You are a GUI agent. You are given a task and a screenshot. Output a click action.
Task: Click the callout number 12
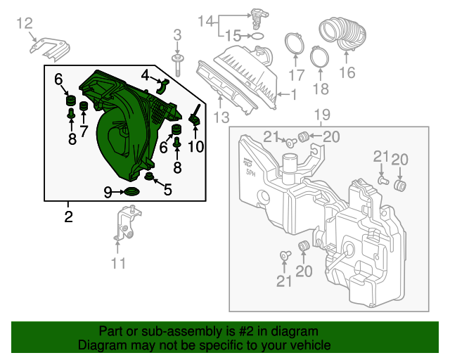[25, 23]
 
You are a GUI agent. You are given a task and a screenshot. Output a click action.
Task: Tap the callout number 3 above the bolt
[177, 34]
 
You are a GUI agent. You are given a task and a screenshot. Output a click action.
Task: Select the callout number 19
[322, 115]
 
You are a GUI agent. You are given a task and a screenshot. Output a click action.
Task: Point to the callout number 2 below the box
[68, 217]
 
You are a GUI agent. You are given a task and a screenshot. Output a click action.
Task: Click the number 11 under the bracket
[118, 263]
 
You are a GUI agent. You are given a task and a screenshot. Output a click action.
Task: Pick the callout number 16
[347, 72]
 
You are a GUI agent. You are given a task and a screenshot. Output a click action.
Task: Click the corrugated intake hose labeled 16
[343, 33]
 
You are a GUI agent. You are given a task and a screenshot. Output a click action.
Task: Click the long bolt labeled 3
[177, 65]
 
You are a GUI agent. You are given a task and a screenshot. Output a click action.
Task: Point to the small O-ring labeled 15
[258, 36]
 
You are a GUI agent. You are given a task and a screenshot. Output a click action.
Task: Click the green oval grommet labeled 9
[132, 191]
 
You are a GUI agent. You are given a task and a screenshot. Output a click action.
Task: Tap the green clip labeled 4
[162, 86]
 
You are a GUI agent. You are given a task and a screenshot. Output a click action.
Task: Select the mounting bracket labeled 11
[127, 224]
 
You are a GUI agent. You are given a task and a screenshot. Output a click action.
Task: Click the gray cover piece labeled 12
[49, 49]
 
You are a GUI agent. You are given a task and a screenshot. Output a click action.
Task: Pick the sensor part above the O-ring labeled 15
[257, 18]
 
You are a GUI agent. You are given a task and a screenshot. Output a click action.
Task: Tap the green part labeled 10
[195, 117]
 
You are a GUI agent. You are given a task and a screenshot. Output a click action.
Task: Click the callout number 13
[221, 117]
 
